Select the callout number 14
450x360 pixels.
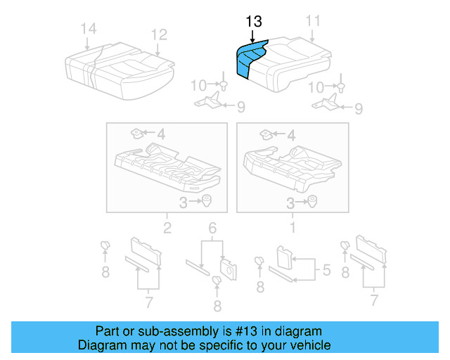click(x=88, y=29)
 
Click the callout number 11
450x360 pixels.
click(x=313, y=22)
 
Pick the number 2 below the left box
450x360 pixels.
click(x=167, y=227)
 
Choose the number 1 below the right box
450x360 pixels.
click(x=293, y=227)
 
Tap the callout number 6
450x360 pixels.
click(x=212, y=227)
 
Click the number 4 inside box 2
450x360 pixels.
click(x=161, y=133)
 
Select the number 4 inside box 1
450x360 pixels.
click(x=292, y=133)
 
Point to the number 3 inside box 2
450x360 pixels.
click(x=182, y=203)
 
